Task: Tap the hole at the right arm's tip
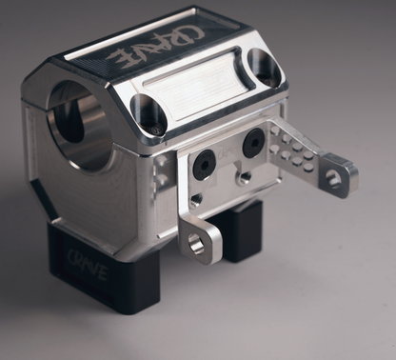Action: coord(333,177)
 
